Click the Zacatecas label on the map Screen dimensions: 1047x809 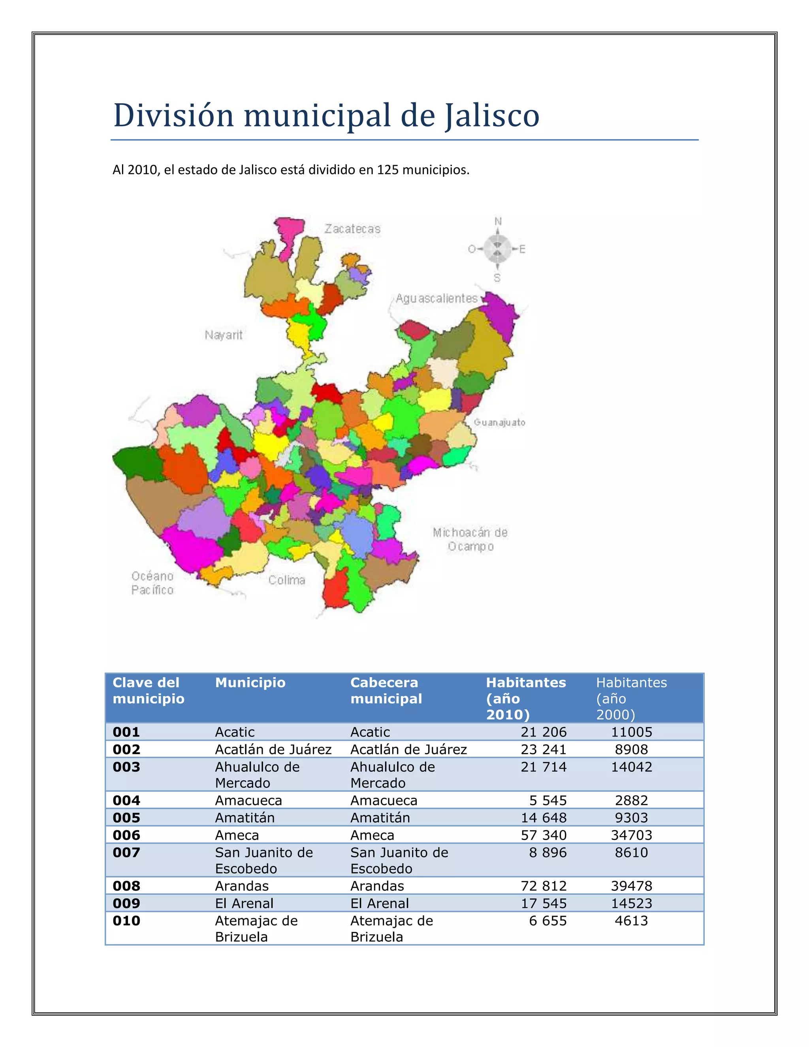[352, 229]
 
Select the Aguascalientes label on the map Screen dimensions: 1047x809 [436, 299]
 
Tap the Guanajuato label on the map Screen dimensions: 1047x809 [499, 422]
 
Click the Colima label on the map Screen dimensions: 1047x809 [287, 580]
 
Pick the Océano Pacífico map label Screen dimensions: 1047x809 [152, 583]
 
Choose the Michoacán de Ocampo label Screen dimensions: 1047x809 [470, 539]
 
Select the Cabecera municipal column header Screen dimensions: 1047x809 [386, 690]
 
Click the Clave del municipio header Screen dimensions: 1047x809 [148, 690]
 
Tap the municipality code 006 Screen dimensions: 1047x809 [126, 835]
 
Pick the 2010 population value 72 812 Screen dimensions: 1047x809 [544, 886]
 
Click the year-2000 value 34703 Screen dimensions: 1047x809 [631, 835]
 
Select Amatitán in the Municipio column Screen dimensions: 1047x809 [245, 818]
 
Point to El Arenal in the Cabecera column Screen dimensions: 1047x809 [380, 903]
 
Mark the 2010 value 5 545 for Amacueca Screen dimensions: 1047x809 [548, 800]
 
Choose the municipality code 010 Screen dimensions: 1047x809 [126, 921]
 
